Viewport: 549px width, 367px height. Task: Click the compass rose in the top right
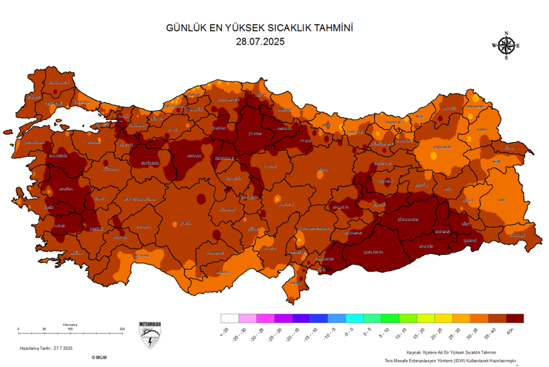pos(506,45)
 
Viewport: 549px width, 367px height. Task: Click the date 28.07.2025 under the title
pos(260,41)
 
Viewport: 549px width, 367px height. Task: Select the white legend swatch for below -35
pos(229,319)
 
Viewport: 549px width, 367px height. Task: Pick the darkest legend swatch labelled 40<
pos(515,319)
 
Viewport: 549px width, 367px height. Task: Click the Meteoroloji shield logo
pos(150,334)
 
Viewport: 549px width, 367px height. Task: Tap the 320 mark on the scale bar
pos(122,329)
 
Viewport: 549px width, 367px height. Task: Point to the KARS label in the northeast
pos(482,130)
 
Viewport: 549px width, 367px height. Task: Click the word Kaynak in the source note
pos(414,352)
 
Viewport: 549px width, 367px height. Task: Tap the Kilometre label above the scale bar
pos(70,324)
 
